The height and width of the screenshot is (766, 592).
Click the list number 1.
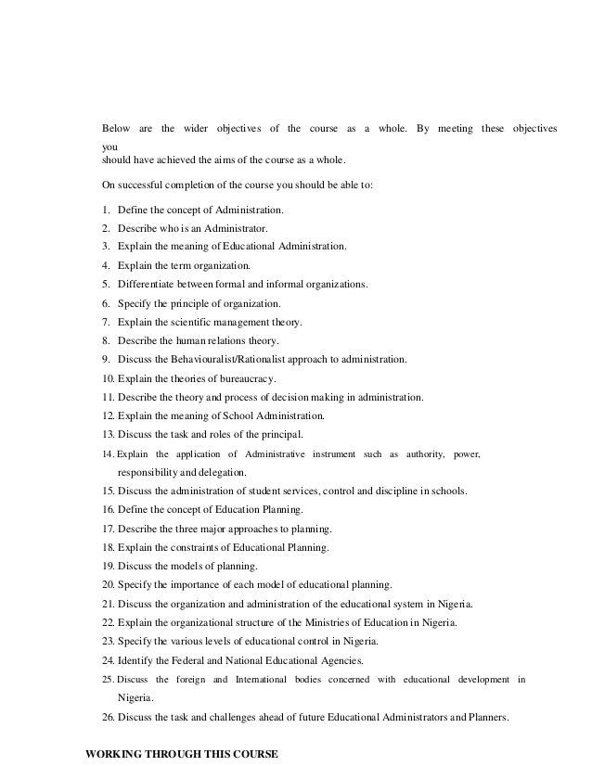106,211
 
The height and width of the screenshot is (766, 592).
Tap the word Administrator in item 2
238,229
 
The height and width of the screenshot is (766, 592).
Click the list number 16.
108,510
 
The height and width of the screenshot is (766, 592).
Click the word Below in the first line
116,127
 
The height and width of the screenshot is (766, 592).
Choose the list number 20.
108,584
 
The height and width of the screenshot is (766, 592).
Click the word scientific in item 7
198,322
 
